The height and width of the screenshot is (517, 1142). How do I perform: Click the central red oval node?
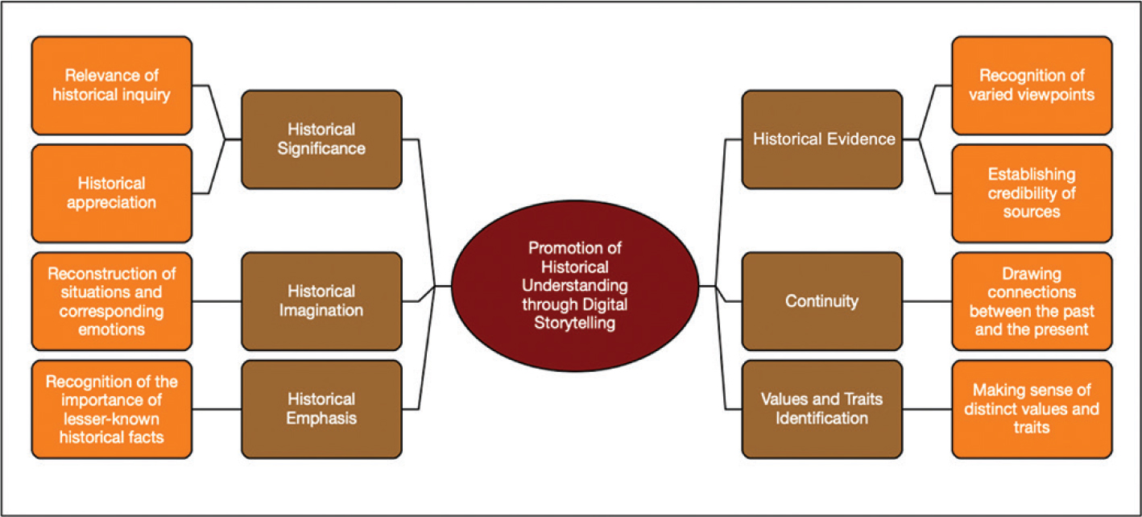click(576, 286)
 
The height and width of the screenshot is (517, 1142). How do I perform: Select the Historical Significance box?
click(321, 139)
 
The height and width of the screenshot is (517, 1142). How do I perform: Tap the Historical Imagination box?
click(321, 300)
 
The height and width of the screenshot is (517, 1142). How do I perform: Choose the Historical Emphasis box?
click(321, 408)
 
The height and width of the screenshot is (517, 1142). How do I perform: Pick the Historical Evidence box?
click(823, 139)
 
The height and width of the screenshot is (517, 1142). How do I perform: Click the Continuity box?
click(822, 300)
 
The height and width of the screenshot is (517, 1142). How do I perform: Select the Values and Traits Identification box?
click(822, 408)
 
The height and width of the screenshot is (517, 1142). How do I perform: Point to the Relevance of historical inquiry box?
click(112, 85)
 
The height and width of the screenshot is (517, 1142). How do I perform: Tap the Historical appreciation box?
click(112, 193)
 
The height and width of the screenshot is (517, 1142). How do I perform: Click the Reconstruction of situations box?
click(112, 300)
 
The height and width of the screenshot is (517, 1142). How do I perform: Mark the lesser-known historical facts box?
click(112, 408)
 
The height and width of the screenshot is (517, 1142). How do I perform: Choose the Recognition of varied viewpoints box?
click(1032, 85)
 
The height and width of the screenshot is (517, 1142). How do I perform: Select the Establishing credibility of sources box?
click(1032, 193)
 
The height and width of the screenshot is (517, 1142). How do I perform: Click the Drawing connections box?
click(1032, 300)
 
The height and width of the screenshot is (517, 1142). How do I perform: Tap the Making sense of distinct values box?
click(1032, 408)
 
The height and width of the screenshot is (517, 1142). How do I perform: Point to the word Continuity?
click(822, 301)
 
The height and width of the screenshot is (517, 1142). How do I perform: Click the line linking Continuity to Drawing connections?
click(927, 300)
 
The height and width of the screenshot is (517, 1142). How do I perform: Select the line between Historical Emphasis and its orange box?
click(217, 408)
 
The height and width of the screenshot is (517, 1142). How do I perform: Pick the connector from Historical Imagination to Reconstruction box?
click(217, 300)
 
